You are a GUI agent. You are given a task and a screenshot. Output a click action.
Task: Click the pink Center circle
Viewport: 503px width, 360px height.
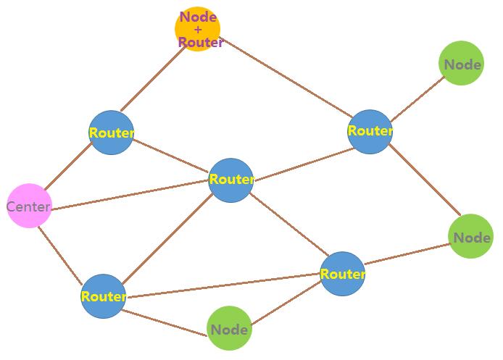pos(29,206)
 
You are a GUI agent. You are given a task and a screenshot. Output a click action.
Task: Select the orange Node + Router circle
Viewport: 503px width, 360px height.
pos(198,29)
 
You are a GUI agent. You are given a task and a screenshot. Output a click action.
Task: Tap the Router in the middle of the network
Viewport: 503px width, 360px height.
pos(231,180)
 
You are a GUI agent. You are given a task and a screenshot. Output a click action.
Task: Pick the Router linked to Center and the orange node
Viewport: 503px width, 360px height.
pos(112,133)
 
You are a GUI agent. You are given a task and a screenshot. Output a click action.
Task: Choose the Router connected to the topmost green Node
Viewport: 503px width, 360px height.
pos(370,131)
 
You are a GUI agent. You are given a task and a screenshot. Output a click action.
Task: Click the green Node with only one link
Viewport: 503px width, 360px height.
pos(462,64)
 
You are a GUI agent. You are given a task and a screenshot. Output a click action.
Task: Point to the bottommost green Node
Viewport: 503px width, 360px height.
pos(229,329)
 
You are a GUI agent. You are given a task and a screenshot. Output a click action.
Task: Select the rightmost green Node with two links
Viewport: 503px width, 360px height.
pos(471,237)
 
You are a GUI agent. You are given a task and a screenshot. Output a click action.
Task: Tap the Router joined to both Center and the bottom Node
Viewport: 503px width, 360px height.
pos(104,296)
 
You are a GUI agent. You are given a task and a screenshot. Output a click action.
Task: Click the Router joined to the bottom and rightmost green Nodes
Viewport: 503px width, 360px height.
pos(342,274)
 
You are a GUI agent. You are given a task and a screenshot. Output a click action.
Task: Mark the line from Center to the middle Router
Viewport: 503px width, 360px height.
pos(130,194)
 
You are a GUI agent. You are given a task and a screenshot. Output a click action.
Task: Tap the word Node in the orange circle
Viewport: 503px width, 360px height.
pos(198,17)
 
